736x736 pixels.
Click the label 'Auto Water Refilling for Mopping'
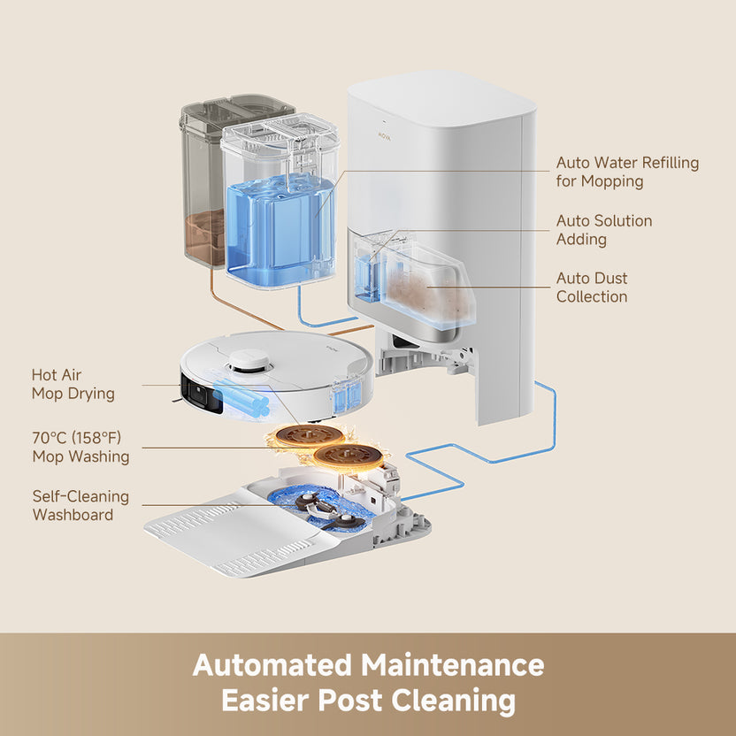[x=626, y=172]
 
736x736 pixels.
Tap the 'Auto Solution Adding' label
[x=603, y=230]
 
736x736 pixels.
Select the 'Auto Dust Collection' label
[x=592, y=287]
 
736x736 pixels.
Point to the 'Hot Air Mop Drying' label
[x=73, y=385]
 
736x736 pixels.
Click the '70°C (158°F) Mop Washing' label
[x=80, y=448]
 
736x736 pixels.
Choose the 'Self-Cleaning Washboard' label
[x=80, y=505]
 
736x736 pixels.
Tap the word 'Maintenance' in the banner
[x=452, y=664]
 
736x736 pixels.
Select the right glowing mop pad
[x=351, y=456]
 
